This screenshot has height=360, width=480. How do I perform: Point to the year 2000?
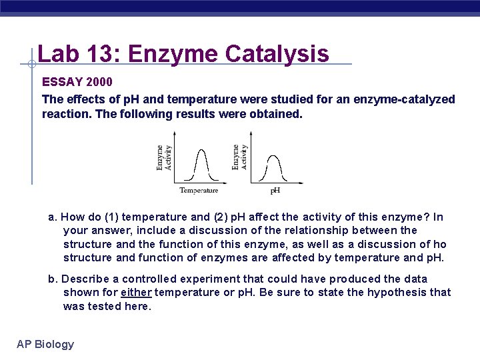pos(99,82)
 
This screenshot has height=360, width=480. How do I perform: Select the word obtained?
pos(276,114)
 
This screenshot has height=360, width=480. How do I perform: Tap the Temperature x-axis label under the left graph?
pos(199,191)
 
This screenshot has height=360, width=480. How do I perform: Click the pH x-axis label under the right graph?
pos(275,191)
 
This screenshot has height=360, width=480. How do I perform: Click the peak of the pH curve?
pos(274,157)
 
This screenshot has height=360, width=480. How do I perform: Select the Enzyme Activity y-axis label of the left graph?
pos(163,158)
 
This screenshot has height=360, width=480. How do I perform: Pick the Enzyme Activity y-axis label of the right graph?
pos(239,157)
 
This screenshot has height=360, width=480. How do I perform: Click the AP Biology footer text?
pos(45,344)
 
